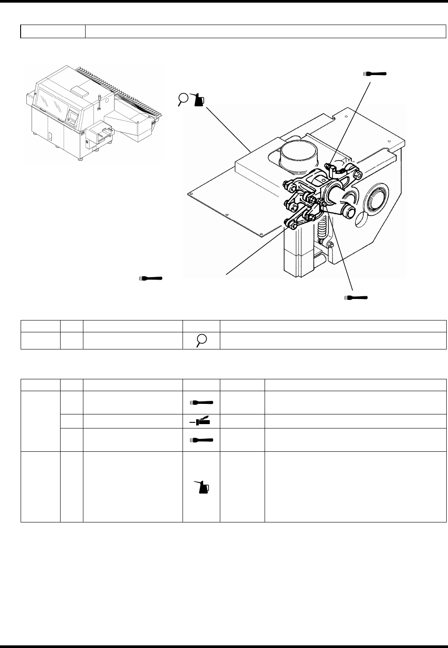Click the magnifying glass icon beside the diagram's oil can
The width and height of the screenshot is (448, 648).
pyautogui.click(x=183, y=99)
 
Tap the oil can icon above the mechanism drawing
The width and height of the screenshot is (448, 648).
pyautogui.click(x=198, y=100)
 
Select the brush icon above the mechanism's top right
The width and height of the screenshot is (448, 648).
pyautogui.click(x=375, y=74)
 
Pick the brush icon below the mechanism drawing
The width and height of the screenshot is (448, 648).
pyautogui.click(x=356, y=298)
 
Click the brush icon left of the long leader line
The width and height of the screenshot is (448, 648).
pyautogui.click(x=151, y=278)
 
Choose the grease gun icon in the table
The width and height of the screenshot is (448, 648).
pyautogui.click(x=201, y=422)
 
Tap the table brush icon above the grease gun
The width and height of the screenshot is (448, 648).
pyautogui.click(x=201, y=402)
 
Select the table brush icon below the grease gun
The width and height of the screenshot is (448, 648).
pyautogui.click(x=201, y=440)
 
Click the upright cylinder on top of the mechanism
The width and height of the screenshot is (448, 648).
pyautogui.click(x=299, y=154)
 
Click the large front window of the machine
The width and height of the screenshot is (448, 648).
pyautogui.click(x=52, y=102)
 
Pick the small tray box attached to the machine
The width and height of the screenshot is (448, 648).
pyautogui.click(x=99, y=134)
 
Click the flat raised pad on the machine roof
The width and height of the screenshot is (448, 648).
pyautogui.click(x=80, y=91)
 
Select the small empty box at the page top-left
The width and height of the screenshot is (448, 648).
pyautogui.click(x=53, y=31)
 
